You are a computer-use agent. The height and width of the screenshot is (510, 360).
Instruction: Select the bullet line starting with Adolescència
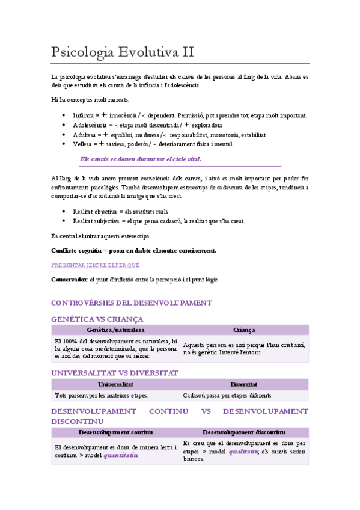tap(156, 125)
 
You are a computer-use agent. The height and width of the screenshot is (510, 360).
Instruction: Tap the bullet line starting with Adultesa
tap(169, 135)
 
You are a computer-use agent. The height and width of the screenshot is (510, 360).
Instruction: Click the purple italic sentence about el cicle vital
tap(141, 159)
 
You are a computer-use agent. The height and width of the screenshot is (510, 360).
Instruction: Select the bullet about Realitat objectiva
tap(120, 212)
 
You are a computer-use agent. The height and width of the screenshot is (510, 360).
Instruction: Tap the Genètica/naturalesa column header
tap(115, 330)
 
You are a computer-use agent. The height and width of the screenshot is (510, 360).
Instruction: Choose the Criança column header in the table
tap(244, 330)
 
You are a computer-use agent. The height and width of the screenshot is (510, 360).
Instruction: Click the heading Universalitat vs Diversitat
tap(115, 373)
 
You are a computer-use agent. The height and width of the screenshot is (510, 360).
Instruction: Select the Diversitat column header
tap(244, 384)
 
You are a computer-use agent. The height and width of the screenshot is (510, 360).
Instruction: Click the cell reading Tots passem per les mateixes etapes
tap(101, 395)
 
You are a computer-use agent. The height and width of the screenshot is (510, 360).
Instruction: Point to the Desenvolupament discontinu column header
tap(243, 432)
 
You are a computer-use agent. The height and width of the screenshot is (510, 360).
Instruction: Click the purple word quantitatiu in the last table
tap(121, 455)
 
